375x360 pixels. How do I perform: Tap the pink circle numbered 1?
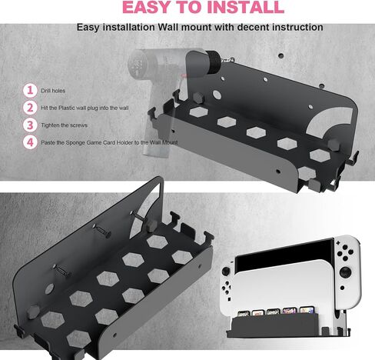click(30, 90)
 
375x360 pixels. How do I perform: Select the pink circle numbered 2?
click(30, 108)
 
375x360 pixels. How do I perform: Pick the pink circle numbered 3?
click(30, 125)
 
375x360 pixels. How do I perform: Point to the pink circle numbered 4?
click(30, 142)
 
